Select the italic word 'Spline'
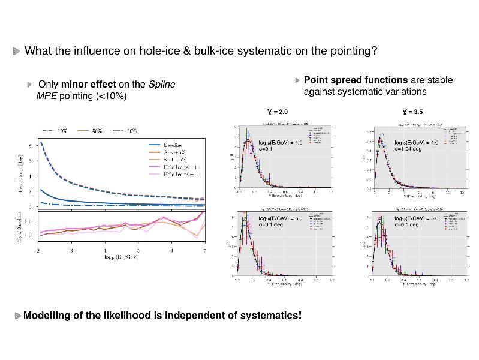[x=162, y=85]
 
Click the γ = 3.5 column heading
[x=412, y=112]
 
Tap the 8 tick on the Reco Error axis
[x=31, y=145]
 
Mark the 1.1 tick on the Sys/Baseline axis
[x=29, y=221]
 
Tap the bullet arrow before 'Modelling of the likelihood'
[x=17, y=316]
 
